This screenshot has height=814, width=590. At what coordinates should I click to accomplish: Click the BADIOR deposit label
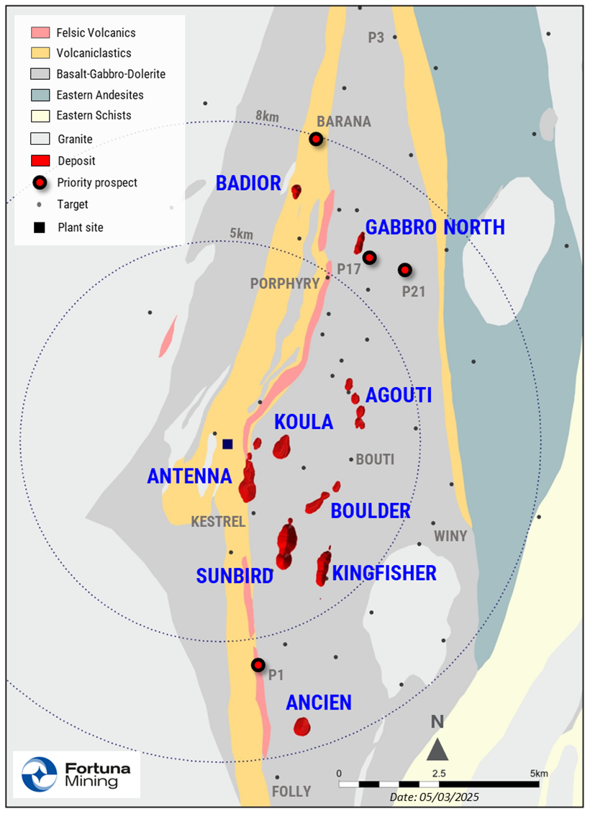[248, 184]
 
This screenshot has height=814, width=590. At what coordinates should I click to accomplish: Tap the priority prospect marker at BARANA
[316, 139]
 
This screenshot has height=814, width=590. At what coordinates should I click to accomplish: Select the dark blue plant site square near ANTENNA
[227, 444]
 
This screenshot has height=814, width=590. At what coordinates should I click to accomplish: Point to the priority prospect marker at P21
[405, 270]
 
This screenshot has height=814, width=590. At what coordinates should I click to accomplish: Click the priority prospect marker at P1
[258, 664]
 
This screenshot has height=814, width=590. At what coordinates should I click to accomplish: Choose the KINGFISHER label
[384, 573]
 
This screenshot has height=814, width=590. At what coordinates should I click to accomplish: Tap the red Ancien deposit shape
[301, 726]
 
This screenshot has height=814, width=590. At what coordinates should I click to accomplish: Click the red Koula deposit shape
[281, 447]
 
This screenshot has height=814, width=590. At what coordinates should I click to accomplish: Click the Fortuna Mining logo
[76, 774]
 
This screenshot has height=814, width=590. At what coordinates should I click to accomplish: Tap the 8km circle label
[267, 115]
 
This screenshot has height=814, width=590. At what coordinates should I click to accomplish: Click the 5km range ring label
[241, 234]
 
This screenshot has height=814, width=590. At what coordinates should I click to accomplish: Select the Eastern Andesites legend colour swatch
[40, 95]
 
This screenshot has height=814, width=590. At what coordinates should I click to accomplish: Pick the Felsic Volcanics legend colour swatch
[40, 33]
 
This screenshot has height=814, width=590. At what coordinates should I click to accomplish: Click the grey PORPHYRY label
[284, 284]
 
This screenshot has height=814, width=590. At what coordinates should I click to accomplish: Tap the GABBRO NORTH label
[435, 227]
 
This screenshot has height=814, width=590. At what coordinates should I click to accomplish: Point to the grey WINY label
[450, 536]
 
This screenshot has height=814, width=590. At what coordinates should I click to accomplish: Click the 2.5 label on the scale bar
[439, 773]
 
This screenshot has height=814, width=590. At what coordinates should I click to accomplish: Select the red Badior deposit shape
[296, 191]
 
